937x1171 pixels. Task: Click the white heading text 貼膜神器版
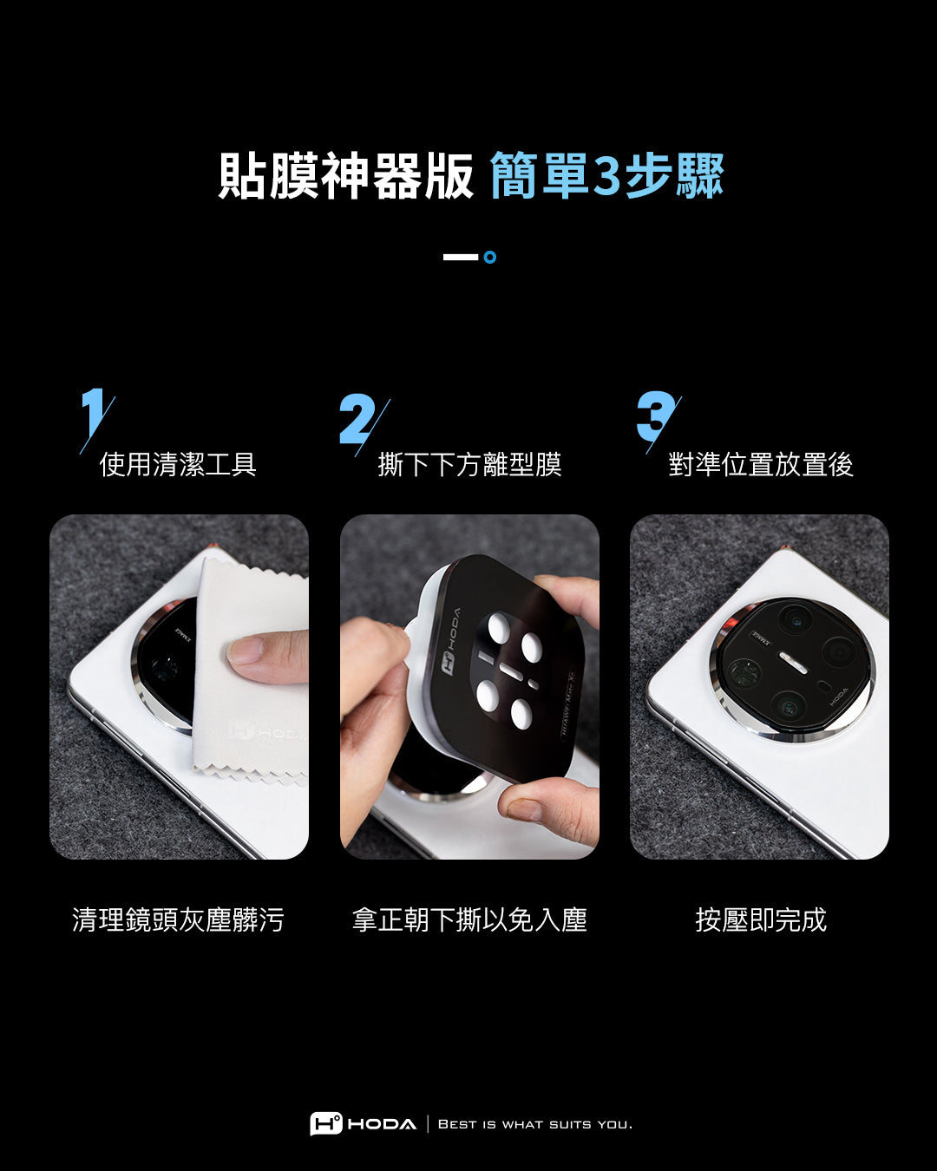point(345,175)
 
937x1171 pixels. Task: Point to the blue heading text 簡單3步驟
point(607,175)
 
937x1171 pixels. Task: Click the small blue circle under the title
point(490,257)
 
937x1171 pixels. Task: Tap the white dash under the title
point(461,257)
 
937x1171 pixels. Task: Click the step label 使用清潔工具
point(178,464)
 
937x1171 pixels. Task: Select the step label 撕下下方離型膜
point(469,464)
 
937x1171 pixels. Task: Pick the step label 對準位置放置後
point(761,464)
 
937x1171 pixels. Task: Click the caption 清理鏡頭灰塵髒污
point(178,919)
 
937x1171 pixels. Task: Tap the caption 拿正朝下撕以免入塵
point(469,919)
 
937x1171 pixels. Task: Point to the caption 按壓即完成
point(761,919)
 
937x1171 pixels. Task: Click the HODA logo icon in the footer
point(326,1124)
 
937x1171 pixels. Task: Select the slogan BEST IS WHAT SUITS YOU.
point(535,1124)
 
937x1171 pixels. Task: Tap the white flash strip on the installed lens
point(793,663)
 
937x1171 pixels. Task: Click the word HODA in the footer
point(382,1124)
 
